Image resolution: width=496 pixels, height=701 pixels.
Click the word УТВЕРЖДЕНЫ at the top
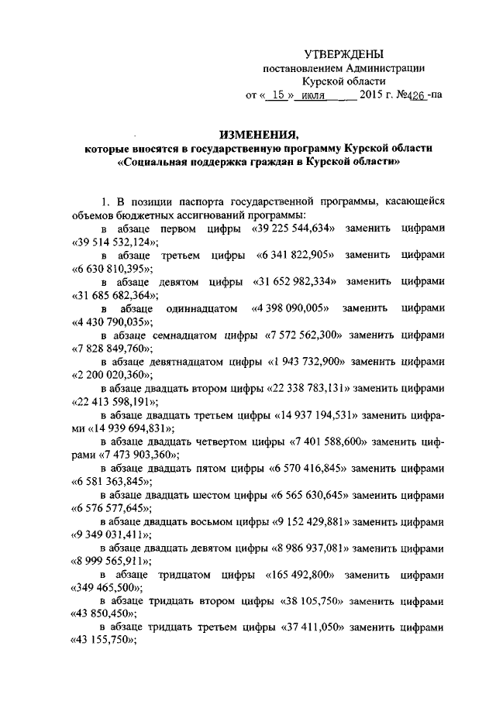[x=343, y=54]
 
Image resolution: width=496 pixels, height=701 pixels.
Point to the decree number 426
[x=413, y=97]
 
